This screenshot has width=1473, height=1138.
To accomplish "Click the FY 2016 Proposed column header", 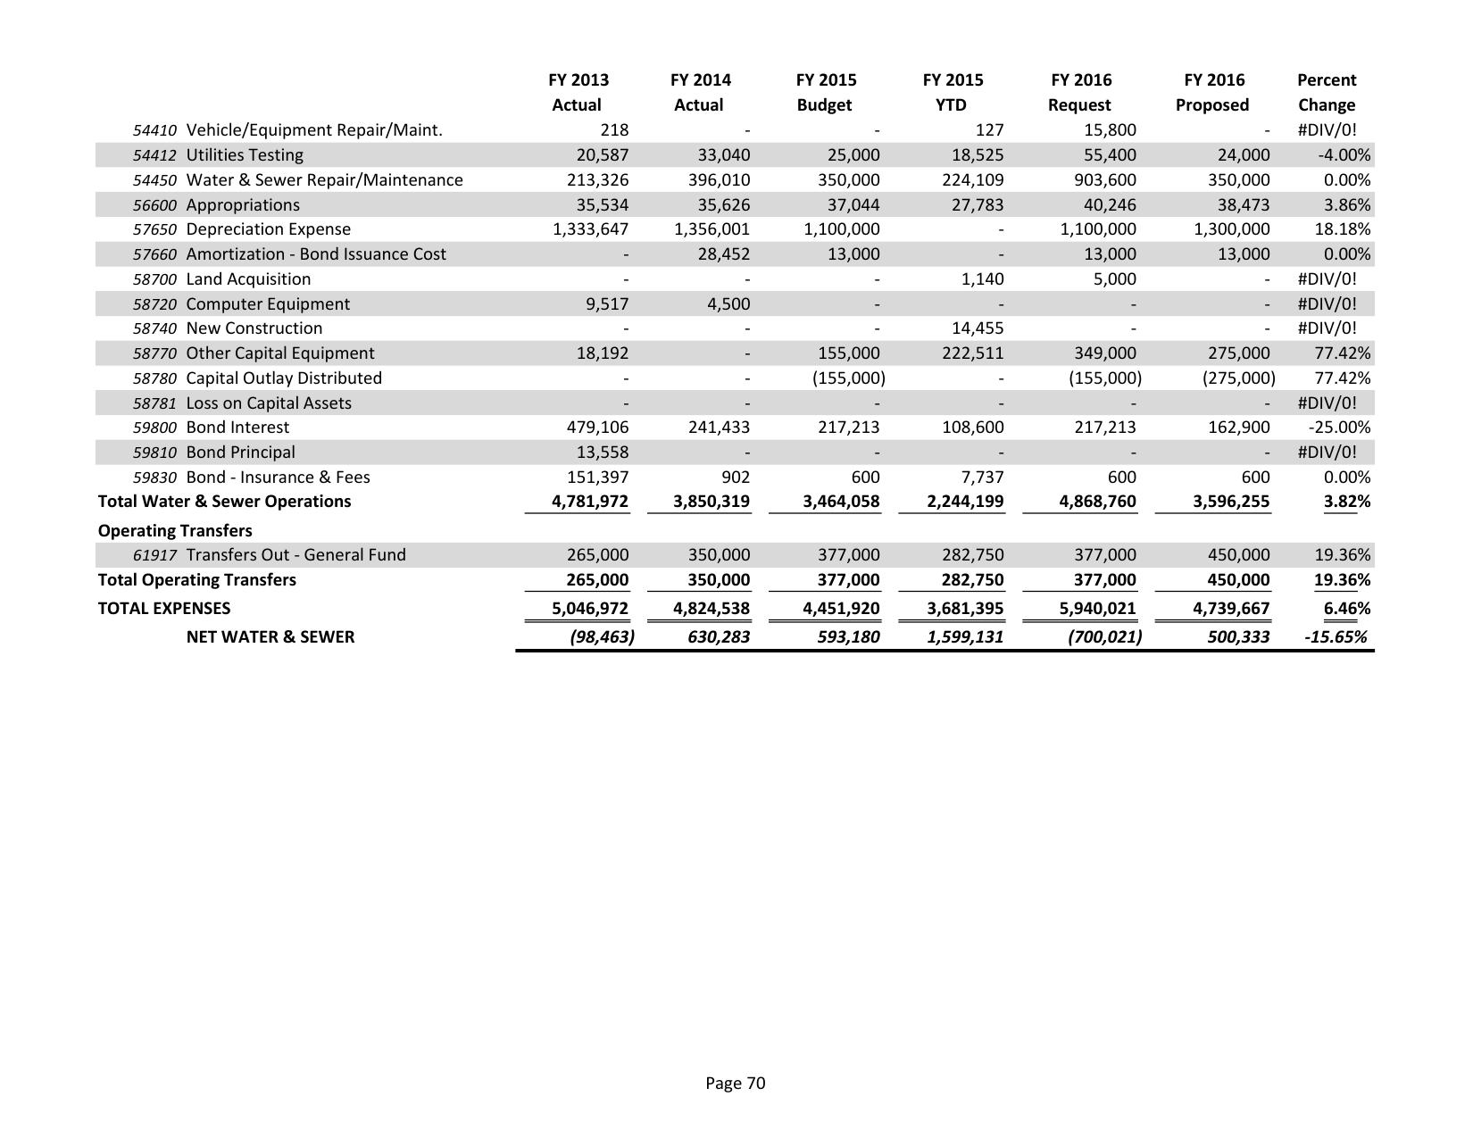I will (1212, 92).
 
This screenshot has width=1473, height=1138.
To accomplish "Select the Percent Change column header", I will (1327, 92).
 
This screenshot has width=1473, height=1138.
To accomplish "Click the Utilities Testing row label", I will (245, 155).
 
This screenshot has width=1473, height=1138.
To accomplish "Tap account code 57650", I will (154, 229).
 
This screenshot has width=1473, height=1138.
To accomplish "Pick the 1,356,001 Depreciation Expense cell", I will (712, 229).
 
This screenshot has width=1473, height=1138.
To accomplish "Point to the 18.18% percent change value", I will (1343, 229).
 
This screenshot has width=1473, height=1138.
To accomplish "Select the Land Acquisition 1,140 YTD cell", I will (981, 279).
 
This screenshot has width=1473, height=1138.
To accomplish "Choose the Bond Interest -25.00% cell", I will (1339, 428).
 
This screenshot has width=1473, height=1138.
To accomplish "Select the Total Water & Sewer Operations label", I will (224, 502).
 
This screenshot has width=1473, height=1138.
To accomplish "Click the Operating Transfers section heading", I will (175, 531).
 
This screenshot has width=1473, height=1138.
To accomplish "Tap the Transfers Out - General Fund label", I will (295, 555).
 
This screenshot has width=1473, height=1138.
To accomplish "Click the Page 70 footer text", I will (735, 1084).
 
